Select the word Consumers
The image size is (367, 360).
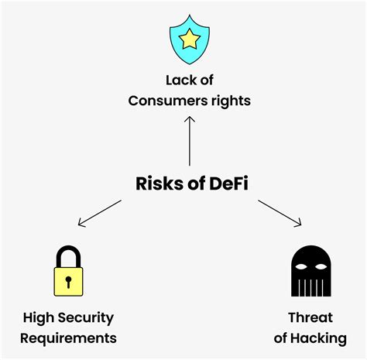(165, 101)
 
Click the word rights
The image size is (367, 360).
(230, 101)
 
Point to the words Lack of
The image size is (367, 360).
(190, 81)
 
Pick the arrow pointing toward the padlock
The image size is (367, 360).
(101, 214)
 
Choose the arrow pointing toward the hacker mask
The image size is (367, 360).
(279, 214)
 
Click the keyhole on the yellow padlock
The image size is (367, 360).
(68, 279)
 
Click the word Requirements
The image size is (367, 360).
(68, 338)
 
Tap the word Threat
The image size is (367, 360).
(310, 318)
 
